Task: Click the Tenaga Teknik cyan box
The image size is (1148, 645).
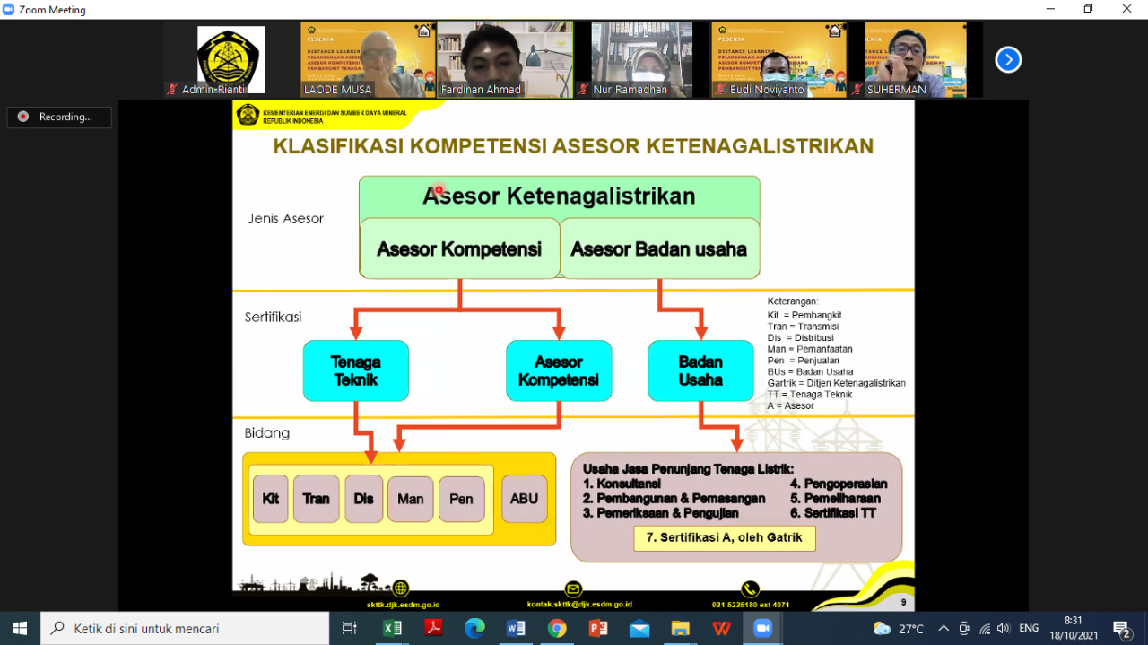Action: click(x=356, y=370)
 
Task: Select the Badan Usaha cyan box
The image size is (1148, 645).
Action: click(x=700, y=370)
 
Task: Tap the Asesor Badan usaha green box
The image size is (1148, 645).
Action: click(x=659, y=248)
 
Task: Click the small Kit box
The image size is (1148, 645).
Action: click(x=271, y=499)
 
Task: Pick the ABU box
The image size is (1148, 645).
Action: click(x=524, y=499)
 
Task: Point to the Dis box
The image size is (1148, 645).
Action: click(x=363, y=499)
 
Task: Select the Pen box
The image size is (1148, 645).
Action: click(x=461, y=499)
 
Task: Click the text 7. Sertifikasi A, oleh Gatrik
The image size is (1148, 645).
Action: click(x=725, y=538)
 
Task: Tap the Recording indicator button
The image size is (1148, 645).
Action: click(x=59, y=117)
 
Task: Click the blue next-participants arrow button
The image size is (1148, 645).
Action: click(x=1008, y=60)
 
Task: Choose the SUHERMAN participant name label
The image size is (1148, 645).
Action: click(x=896, y=90)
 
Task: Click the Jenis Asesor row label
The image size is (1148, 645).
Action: click(x=285, y=219)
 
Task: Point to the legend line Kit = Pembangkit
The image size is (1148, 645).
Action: click(x=804, y=315)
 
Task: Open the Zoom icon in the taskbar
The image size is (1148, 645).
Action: click(x=762, y=628)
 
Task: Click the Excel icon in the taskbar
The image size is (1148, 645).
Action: click(x=392, y=628)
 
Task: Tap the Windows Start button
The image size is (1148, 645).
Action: click(x=20, y=628)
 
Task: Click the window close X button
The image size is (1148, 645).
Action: click(x=1126, y=9)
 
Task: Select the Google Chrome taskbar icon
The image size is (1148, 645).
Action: click(x=557, y=628)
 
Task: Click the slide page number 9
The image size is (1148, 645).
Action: click(x=903, y=602)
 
